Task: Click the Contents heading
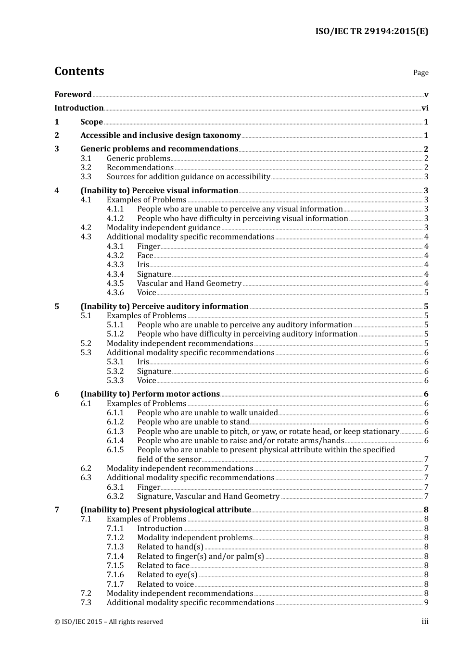[x=79, y=71]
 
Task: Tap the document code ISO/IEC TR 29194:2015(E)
[x=371, y=31]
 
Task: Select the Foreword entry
[x=73, y=94]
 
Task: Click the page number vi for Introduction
[x=425, y=108]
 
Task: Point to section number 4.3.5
[x=115, y=284]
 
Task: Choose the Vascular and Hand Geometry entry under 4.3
[x=189, y=284]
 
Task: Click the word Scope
[x=91, y=122]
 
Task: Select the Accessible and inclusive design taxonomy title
[x=160, y=136]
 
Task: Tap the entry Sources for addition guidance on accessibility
[x=188, y=177]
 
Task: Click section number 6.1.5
[x=115, y=450]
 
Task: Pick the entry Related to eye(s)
[x=167, y=575]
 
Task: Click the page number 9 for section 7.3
[x=426, y=603]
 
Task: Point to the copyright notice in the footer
[x=109, y=622]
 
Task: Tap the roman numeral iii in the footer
[x=425, y=622]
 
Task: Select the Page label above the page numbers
[x=420, y=73]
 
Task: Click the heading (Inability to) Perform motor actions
[x=150, y=394]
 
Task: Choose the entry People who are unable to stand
[x=193, y=422]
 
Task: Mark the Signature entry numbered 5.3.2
[x=154, y=372]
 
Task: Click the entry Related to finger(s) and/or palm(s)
[x=200, y=557]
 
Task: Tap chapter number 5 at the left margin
[x=57, y=307]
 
